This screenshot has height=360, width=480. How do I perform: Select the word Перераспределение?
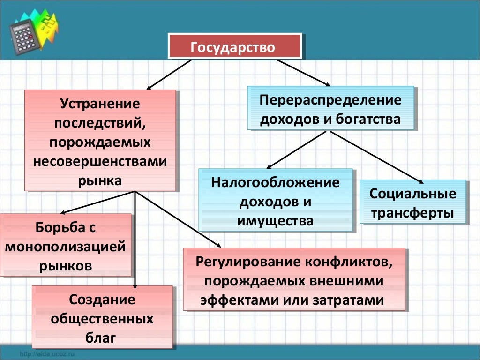(330, 100)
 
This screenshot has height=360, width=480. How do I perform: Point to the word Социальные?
(412, 194)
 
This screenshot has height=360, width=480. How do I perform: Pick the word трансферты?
(412, 213)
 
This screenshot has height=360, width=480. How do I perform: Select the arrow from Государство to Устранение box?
(169, 75)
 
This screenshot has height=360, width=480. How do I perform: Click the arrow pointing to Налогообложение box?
(295, 150)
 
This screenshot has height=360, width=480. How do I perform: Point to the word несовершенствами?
(100, 161)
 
